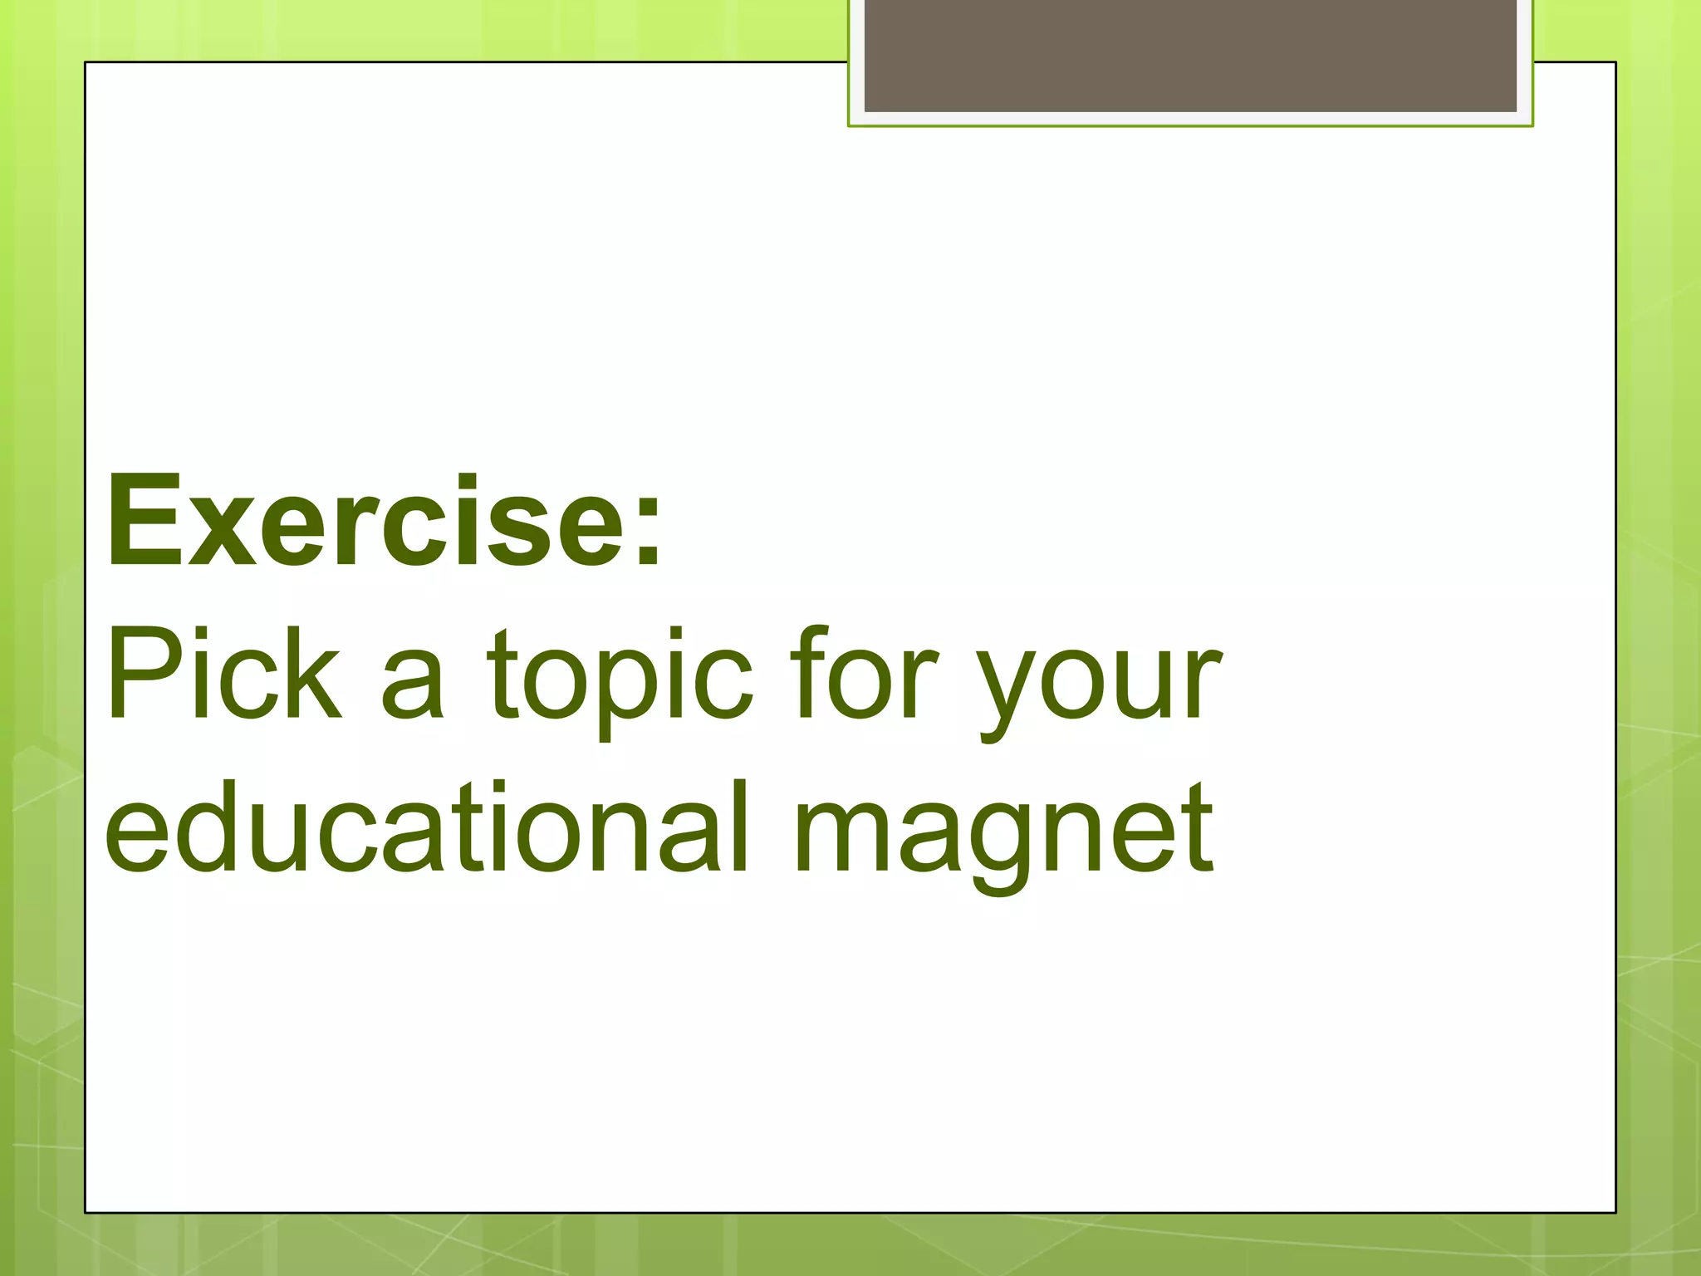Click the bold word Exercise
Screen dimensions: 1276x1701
[365, 522]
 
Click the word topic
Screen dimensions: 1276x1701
[620, 677]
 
